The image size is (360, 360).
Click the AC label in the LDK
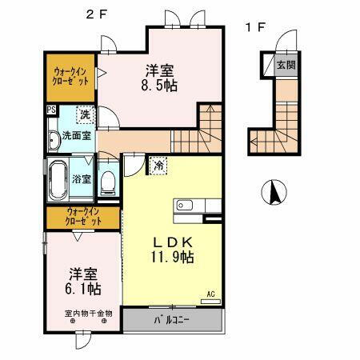pyautogui.click(x=212, y=294)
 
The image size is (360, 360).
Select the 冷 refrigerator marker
pyautogui.click(x=158, y=166)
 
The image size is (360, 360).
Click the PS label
pyautogui.click(x=50, y=112)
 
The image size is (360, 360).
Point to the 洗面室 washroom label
pyautogui.click(x=76, y=136)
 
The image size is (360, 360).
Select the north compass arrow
pyautogui.click(x=273, y=193)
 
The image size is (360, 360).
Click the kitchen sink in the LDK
pyautogui.click(x=183, y=204)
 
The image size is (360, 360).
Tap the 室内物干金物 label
pyautogui.click(x=88, y=313)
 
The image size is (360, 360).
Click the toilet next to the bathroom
pyautogui.click(x=109, y=182)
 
